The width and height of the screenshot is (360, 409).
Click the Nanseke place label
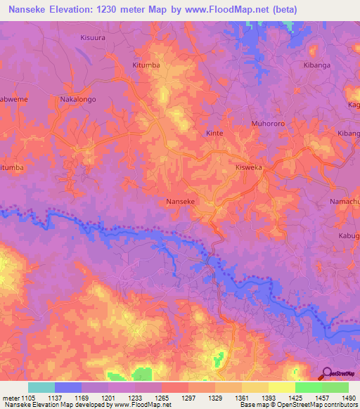(x=179, y=202)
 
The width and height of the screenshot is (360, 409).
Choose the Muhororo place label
(x=266, y=123)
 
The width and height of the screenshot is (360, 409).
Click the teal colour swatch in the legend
(x=41, y=387)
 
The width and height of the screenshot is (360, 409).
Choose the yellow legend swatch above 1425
(x=281, y=387)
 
